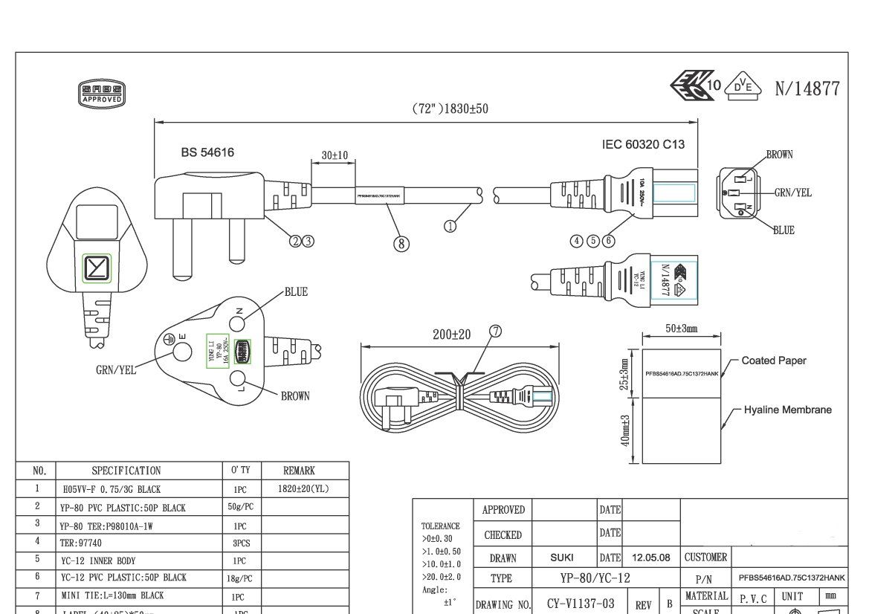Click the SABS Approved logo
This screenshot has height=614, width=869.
click(101, 94)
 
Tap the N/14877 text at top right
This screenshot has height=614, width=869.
click(807, 89)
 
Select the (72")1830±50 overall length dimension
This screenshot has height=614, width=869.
click(450, 109)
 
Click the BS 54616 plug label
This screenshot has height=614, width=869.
click(207, 152)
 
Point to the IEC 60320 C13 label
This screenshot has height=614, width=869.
click(643, 145)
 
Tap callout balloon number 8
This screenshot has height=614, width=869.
click(401, 243)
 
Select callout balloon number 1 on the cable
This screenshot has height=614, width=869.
click(450, 226)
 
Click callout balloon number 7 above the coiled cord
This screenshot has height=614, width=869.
click(496, 332)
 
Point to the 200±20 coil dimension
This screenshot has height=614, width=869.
click(452, 335)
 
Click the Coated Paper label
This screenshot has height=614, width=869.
click(773, 361)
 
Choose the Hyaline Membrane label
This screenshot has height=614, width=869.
click(787, 410)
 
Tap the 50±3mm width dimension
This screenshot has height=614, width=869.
click(681, 328)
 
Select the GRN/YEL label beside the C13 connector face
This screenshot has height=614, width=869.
click(792, 193)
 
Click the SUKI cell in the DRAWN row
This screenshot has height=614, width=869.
click(561, 558)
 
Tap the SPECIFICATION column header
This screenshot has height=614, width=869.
click(126, 471)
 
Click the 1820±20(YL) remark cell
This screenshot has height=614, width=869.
click(305, 489)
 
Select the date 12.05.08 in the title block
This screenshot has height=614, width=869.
click(650, 558)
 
